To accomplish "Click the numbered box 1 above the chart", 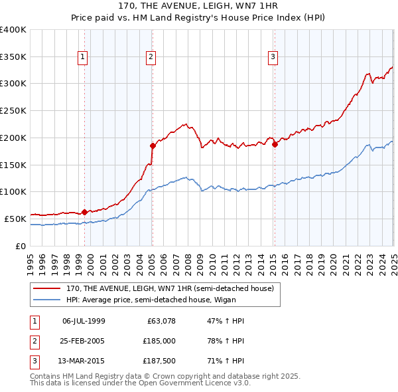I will click(83, 58).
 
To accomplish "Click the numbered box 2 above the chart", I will click(151, 58).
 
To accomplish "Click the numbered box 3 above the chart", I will click(273, 58).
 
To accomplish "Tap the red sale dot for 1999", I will click(84, 212).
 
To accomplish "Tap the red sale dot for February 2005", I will click(153, 145).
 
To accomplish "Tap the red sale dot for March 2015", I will click(275, 144).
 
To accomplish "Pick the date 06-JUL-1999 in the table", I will click(84, 321).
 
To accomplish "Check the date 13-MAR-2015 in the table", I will click(84, 362).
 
